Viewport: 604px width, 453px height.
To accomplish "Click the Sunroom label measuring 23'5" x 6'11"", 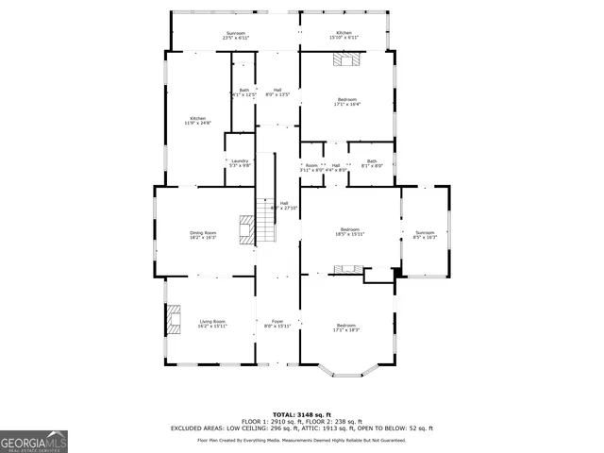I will click(x=236, y=34).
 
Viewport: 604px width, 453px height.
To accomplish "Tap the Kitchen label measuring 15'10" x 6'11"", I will click(x=344, y=34).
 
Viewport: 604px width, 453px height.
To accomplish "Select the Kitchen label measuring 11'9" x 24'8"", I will click(x=198, y=121).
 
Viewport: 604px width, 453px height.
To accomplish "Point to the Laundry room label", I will click(x=240, y=162).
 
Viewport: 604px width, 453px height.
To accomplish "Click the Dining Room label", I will click(x=204, y=235).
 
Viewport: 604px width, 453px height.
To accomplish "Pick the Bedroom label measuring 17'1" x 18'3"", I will click(x=346, y=327).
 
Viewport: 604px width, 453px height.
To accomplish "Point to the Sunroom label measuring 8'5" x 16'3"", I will click(x=425, y=235).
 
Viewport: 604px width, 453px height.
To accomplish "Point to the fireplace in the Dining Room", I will click(x=246, y=230).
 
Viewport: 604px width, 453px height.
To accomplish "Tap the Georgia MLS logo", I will click(x=34, y=441).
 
